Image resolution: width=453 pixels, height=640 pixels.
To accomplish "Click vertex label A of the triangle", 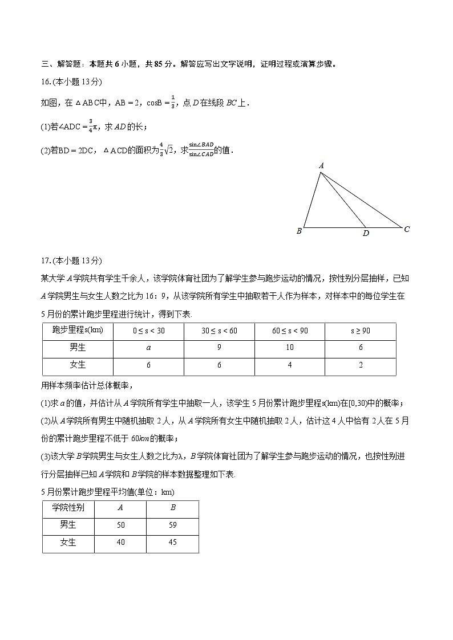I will click(x=321, y=166).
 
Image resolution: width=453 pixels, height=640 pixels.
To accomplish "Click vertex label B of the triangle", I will click(x=299, y=231).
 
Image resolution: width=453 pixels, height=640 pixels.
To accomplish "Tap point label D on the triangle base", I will click(x=366, y=233).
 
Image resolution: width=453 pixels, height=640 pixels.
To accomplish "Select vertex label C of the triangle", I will click(x=407, y=229).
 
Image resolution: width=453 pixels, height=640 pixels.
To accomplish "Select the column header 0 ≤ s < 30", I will click(x=149, y=331).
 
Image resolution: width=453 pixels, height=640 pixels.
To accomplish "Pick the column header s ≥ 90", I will click(x=361, y=331).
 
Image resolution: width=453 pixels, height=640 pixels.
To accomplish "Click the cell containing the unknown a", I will click(x=149, y=348).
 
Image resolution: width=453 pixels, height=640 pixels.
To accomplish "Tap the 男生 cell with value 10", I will click(x=290, y=348).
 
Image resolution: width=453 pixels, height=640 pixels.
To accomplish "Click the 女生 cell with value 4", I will click(x=290, y=365).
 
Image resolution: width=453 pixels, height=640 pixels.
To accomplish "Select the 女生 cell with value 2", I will click(x=361, y=365).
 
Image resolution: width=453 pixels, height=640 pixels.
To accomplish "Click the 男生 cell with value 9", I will click(x=219, y=348).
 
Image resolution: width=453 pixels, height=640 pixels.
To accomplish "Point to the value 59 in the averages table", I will click(x=173, y=525).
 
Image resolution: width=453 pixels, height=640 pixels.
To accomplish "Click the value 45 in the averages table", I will click(x=173, y=543).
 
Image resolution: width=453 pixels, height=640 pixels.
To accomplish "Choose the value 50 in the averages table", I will click(x=120, y=525).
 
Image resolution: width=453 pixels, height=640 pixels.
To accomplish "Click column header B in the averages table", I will click(x=173, y=508).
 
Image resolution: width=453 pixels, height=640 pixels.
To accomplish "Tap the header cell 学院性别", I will click(x=68, y=508).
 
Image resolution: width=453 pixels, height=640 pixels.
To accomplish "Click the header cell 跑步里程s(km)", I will click(x=78, y=331).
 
